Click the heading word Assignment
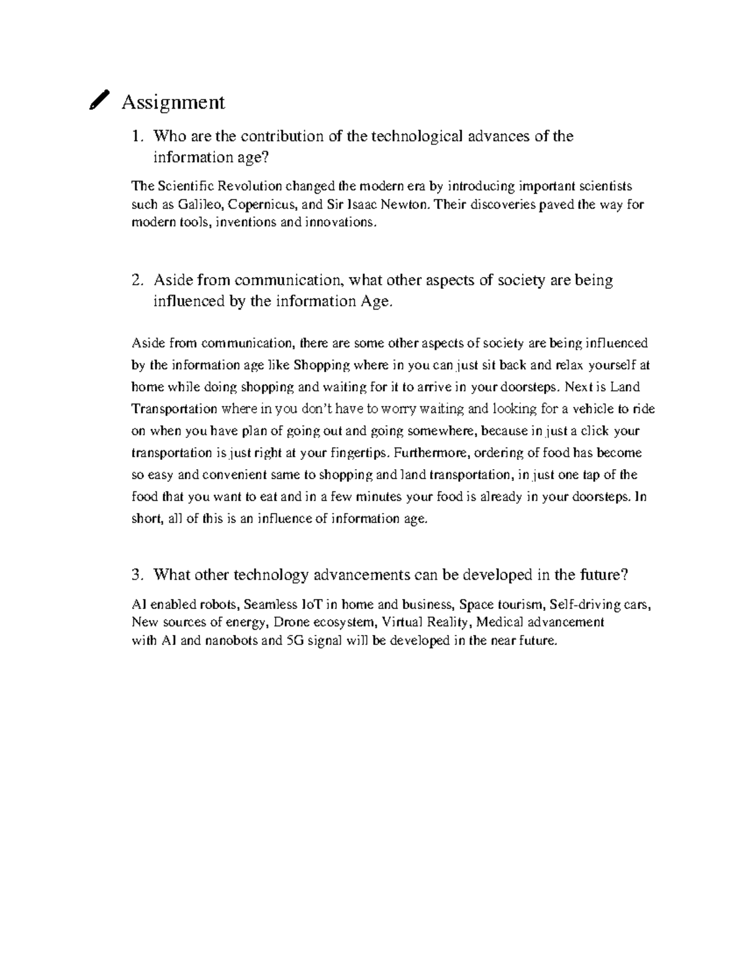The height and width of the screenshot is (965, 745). click(x=173, y=102)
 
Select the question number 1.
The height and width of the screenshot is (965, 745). click(x=137, y=136)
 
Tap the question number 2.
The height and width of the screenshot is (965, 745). click(x=137, y=280)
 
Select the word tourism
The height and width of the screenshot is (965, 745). click(x=516, y=604)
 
